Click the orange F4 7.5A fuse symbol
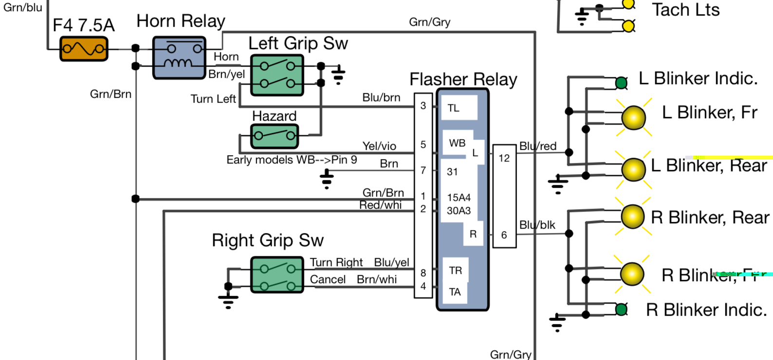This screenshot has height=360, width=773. pos(84,49)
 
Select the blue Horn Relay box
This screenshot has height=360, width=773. pos(179,57)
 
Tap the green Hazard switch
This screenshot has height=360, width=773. pos(275,136)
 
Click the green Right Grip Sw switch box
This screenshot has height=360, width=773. pos(277,275)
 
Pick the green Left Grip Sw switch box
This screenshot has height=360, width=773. pos(277,75)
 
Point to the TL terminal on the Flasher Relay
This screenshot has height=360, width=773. pos(454,108)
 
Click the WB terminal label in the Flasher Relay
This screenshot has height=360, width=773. pos(457,143)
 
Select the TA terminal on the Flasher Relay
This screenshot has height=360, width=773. pos(455,292)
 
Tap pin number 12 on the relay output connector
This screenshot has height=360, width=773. pos(504,158)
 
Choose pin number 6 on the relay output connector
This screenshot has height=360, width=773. pos(504,235)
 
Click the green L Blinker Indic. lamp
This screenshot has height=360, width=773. pos(621,83)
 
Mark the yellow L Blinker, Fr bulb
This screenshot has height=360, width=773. pos(633,118)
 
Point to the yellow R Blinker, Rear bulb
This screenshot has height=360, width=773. pos(633,216)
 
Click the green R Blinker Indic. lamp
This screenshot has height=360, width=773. pos(621,309)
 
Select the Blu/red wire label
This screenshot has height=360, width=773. pos(538,146)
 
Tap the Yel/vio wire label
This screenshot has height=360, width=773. pos(379,146)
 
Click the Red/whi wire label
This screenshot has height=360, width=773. pos(380,205)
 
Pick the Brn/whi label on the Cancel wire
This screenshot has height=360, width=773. pos(377,279)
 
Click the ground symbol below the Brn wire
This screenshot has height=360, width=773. pos(327,179)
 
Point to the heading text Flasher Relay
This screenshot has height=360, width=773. pos(463,79)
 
